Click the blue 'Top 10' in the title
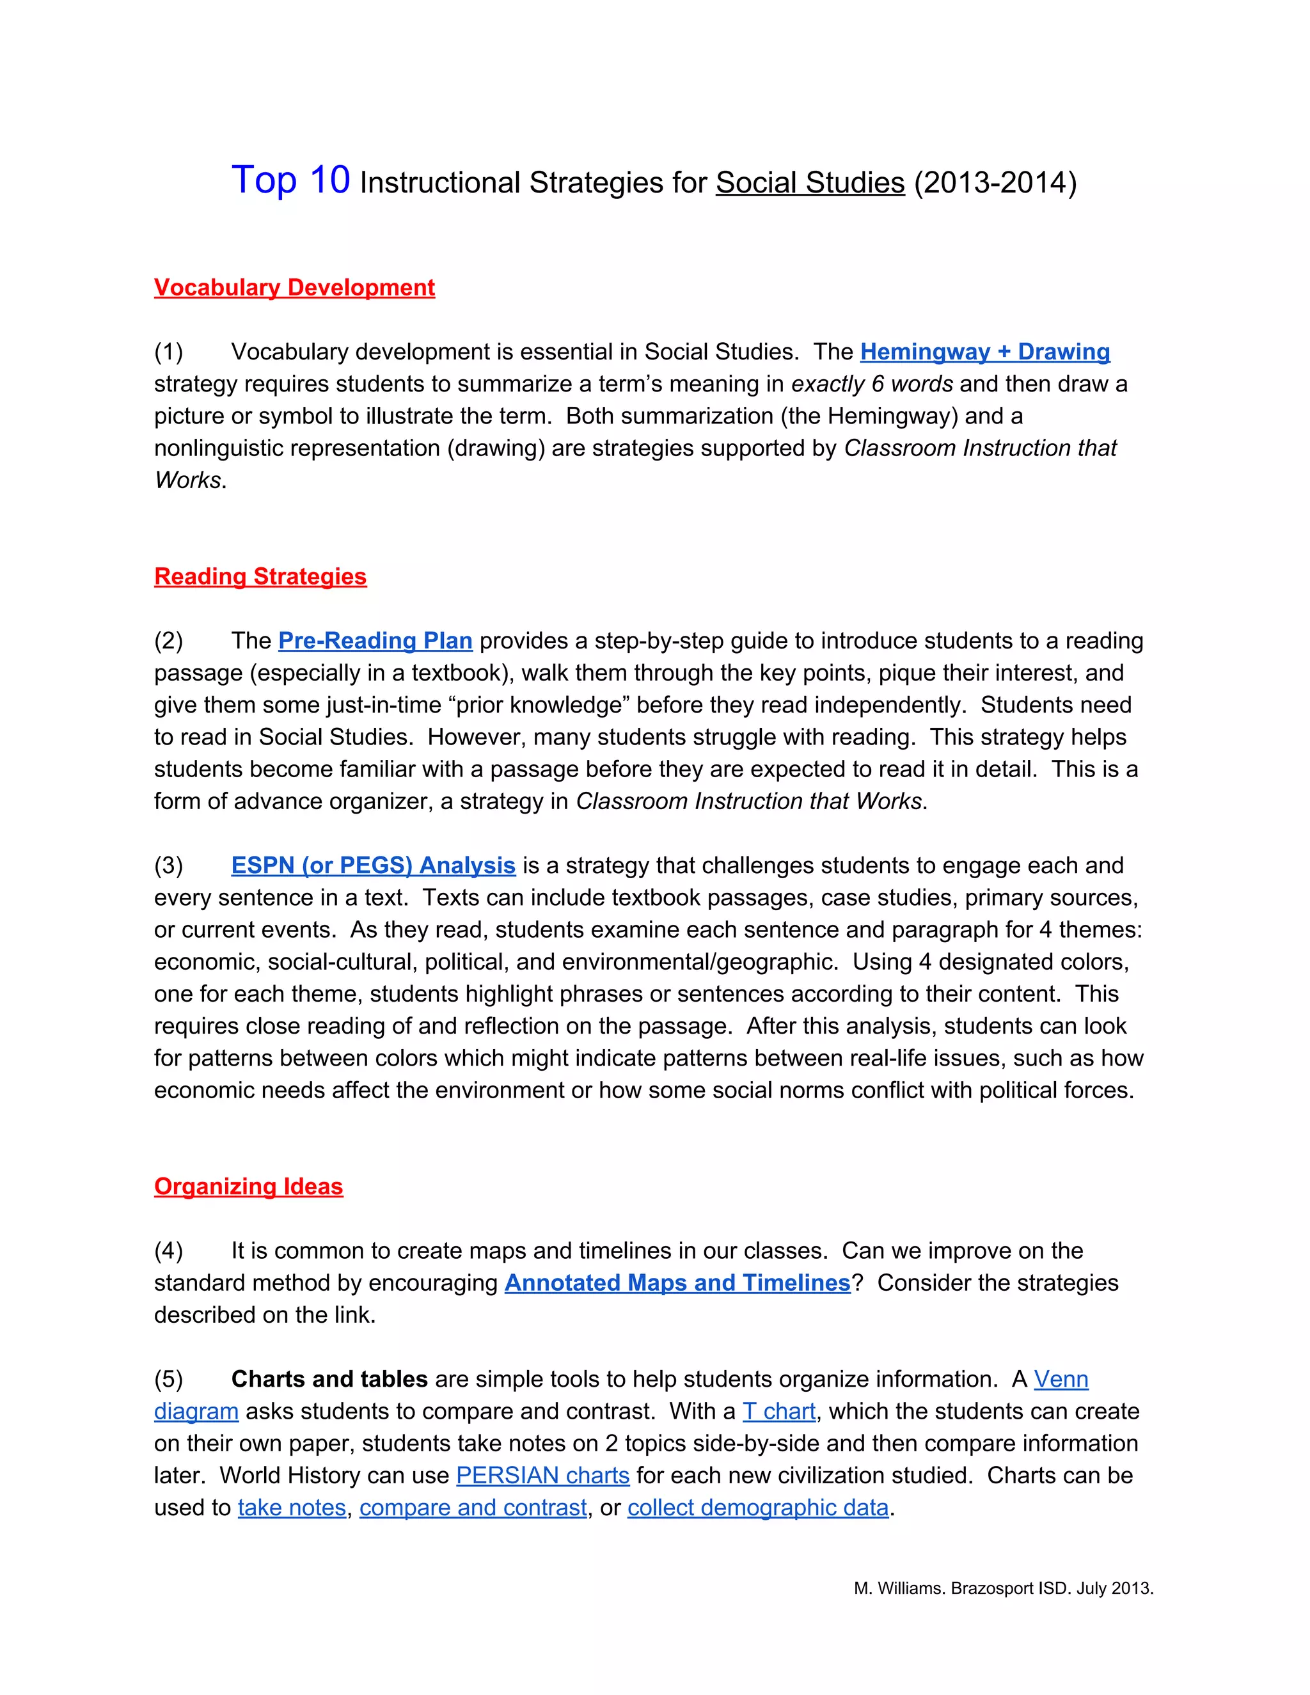pos(290,181)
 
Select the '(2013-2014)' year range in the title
pos(995,183)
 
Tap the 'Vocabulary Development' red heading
pos(294,288)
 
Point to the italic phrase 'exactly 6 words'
pos(872,384)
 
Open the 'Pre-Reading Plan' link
pos(375,641)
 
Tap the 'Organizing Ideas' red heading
pos(248,1186)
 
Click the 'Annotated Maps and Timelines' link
pos(677,1283)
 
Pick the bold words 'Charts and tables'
pos(329,1379)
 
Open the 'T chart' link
pos(778,1411)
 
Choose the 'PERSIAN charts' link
pos(542,1476)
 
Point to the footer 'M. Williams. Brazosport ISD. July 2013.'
pos(1003,1589)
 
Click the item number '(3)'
pos(168,865)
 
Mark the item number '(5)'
pos(168,1379)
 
